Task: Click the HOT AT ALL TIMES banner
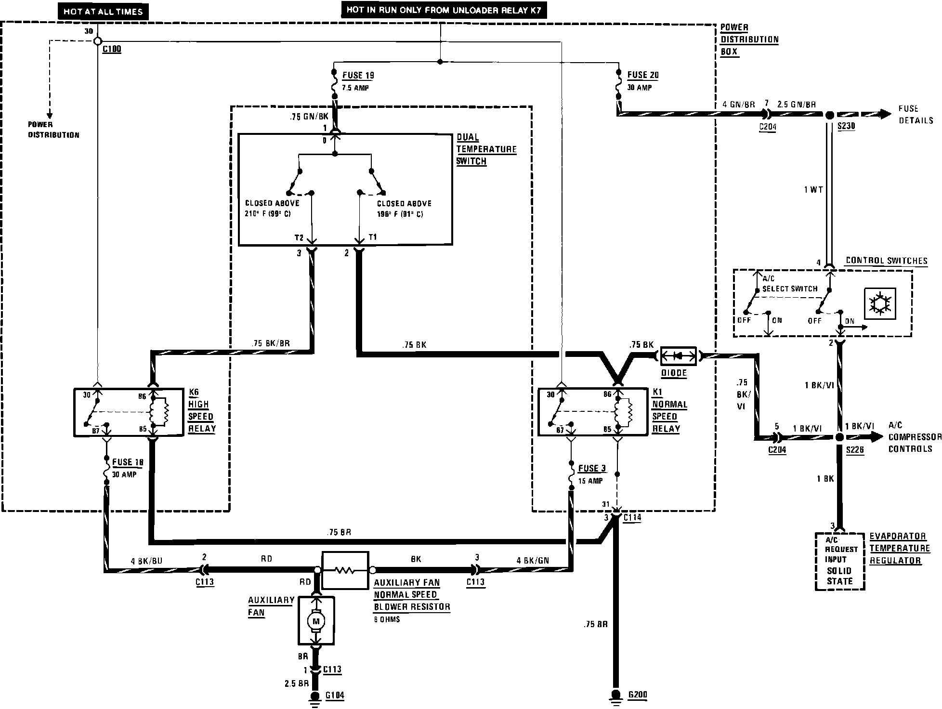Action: pyautogui.click(x=103, y=12)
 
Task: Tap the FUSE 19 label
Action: pyautogui.click(x=358, y=76)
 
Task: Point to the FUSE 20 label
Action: pyautogui.click(x=642, y=75)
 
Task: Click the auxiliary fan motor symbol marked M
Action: pyautogui.click(x=316, y=621)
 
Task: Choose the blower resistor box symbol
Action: pyautogui.click(x=345, y=570)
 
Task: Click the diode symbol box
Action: pyautogui.click(x=678, y=356)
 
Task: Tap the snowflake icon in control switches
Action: pyautogui.click(x=880, y=303)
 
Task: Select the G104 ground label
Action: pyautogui.click(x=334, y=696)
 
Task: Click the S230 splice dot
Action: pyautogui.click(x=829, y=116)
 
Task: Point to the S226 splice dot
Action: pyautogui.click(x=839, y=437)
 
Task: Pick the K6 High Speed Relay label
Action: pyautogui.click(x=201, y=410)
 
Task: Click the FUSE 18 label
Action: pyautogui.click(x=128, y=462)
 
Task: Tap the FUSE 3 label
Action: pyautogui.click(x=591, y=469)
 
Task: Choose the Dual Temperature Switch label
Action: pyautogui.click(x=486, y=149)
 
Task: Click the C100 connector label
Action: pyautogui.click(x=112, y=49)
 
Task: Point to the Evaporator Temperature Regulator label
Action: pyautogui.click(x=899, y=548)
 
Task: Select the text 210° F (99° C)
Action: pyautogui.click(x=268, y=214)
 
